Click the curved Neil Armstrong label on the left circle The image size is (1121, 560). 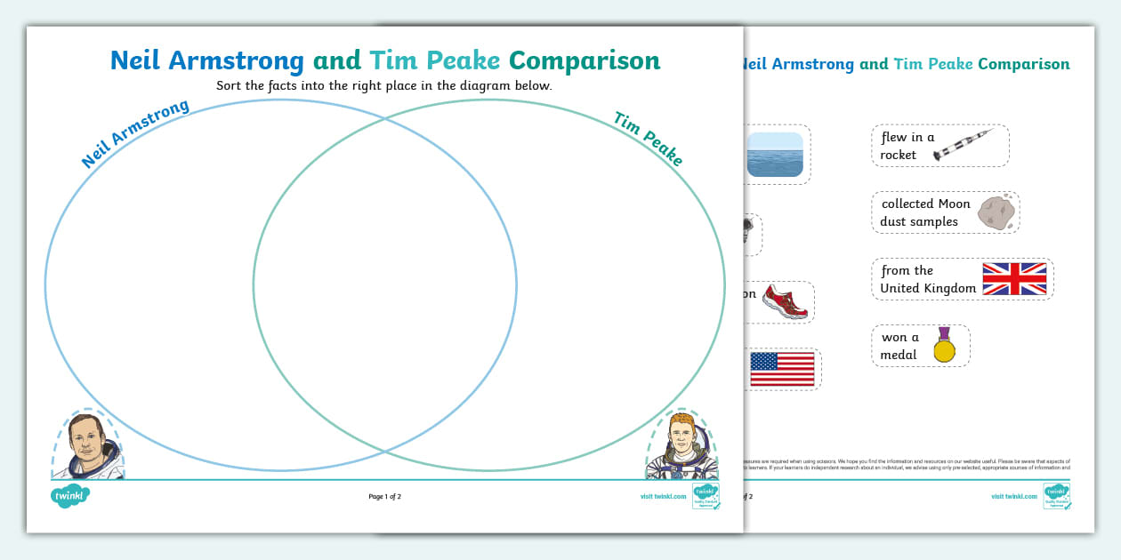click(x=135, y=133)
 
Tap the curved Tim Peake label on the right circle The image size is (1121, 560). click(x=649, y=139)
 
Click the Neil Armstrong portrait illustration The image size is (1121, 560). click(x=86, y=445)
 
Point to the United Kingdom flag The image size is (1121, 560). click(x=1014, y=279)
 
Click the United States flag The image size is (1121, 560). click(x=782, y=369)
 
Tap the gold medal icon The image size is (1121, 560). click(x=943, y=345)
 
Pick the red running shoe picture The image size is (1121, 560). click(x=785, y=301)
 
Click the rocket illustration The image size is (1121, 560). click(x=963, y=146)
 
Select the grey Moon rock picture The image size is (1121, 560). click(x=996, y=212)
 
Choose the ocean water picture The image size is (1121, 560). click(x=775, y=155)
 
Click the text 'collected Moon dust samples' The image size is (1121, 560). click(x=925, y=212)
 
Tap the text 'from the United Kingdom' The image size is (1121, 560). click(x=927, y=279)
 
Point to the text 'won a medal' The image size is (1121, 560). click(x=899, y=346)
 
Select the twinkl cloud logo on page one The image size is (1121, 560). click(x=70, y=496)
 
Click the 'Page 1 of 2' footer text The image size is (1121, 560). click(x=385, y=497)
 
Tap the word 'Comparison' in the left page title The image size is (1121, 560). click(x=585, y=60)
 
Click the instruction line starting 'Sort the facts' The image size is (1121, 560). click(x=384, y=86)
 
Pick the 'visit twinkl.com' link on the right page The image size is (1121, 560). click(x=1014, y=497)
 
